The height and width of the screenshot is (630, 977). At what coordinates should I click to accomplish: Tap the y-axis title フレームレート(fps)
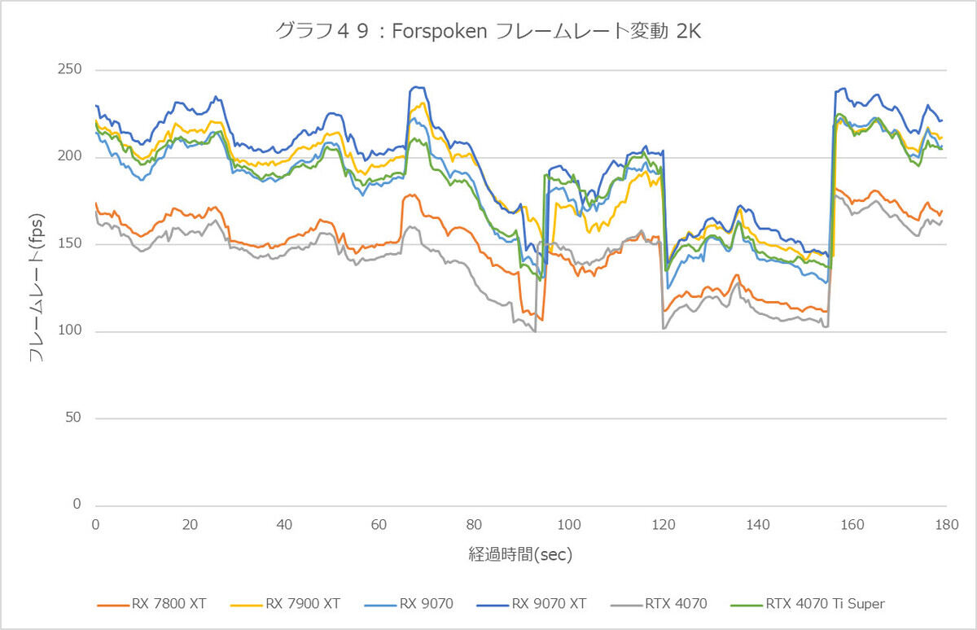coord(37,287)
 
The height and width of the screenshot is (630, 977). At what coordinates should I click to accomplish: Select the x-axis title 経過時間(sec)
coord(520,555)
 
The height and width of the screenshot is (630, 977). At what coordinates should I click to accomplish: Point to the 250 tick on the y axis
coord(71,70)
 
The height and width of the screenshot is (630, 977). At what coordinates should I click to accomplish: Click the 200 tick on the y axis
coord(71,157)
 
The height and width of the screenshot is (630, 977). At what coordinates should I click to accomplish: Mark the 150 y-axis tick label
coord(71,244)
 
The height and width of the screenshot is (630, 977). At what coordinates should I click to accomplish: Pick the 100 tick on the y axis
coord(71,331)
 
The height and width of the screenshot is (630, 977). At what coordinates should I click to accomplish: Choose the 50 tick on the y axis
coord(74,418)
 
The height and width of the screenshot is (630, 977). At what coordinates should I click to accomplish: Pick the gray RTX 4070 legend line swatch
coord(629,605)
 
